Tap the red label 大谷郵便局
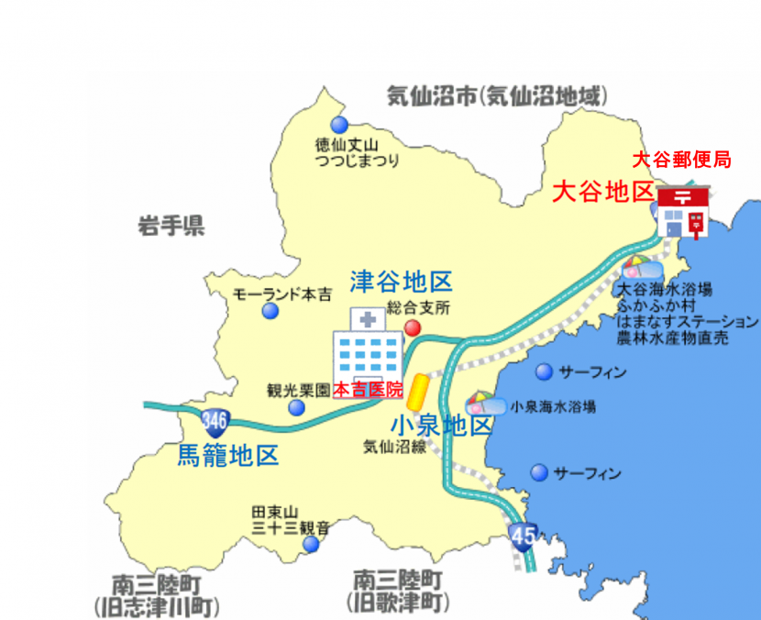click(682, 160)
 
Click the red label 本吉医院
click(368, 390)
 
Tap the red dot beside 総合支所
click(414, 327)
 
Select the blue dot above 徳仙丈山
click(339, 125)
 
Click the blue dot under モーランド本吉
click(270, 312)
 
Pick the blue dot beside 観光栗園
click(296, 407)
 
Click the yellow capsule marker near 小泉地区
click(418, 392)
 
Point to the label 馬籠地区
click(227, 455)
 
